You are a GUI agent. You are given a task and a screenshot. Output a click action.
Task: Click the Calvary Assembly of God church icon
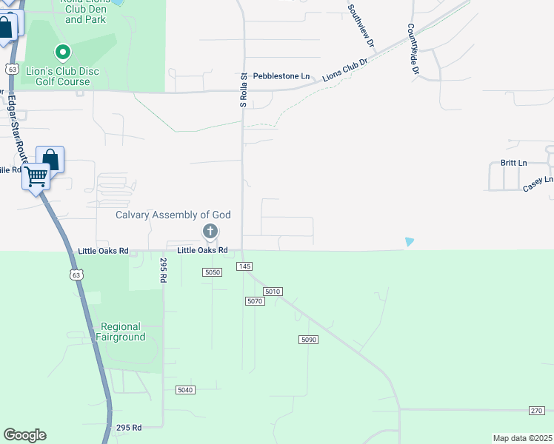(210, 232)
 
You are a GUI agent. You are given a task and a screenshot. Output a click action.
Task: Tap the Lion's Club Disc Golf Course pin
(63, 53)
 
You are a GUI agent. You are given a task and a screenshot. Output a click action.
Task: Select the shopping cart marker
(36, 177)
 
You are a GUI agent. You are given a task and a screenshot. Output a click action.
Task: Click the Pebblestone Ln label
(281, 76)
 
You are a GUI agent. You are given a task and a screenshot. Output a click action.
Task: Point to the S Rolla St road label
(243, 91)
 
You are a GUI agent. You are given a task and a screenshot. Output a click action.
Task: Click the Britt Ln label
(513, 163)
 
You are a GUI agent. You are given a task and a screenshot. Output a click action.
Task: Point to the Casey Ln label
(538, 184)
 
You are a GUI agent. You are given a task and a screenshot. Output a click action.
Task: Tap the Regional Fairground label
(121, 332)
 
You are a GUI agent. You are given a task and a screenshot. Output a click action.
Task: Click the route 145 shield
(245, 266)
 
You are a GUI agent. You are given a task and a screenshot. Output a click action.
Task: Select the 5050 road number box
(213, 272)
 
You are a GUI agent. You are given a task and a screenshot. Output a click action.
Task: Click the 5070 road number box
(255, 301)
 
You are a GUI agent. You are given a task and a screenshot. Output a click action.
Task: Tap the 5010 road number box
(273, 292)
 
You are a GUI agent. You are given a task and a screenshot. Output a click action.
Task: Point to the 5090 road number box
(309, 339)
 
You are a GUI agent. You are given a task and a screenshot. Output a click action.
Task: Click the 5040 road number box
(185, 390)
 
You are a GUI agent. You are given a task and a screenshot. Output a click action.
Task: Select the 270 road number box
(537, 411)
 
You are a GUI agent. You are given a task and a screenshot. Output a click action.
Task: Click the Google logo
(24, 435)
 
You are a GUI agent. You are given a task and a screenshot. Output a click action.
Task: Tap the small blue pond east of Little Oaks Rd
(410, 241)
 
